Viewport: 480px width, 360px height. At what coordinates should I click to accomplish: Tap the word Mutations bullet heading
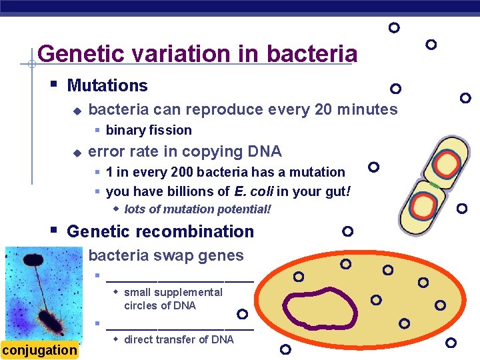[107, 85]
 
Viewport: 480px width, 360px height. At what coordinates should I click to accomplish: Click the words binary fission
[149, 130]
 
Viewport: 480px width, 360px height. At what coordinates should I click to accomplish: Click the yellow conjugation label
[39, 350]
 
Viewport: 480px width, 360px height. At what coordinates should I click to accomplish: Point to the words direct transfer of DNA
[179, 339]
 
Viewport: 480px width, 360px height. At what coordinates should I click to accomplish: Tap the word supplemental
[173, 292]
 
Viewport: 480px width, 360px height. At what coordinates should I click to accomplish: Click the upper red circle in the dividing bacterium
[445, 163]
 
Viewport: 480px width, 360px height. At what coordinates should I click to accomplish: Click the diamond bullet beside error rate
[77, 153]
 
